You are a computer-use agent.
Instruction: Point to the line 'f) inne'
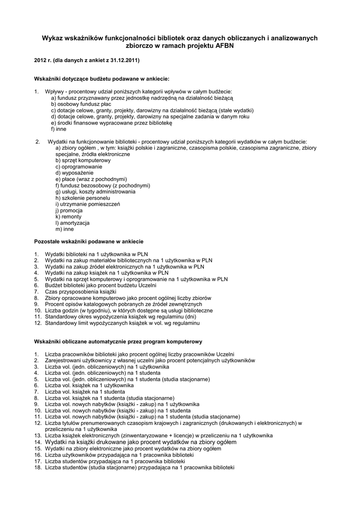[58, 129]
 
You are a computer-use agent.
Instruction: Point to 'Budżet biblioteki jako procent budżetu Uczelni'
[100, 285]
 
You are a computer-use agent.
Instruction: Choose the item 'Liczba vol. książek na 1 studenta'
[78, 392]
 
